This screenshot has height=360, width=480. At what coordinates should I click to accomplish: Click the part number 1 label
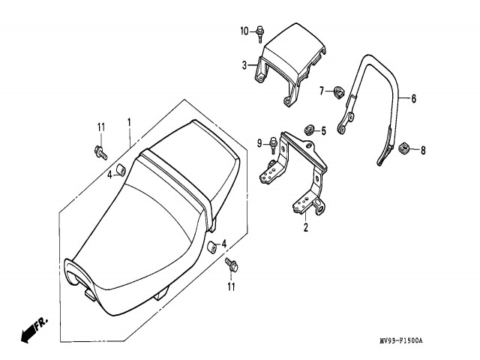tap(129, 121)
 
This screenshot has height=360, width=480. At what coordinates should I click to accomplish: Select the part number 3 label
tap(244, 66)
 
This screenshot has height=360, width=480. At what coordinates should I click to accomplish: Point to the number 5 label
tap(324, 130)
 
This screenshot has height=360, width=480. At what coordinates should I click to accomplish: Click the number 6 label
tap(413, 98)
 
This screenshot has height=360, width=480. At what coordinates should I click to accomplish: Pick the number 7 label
tap(321, 91)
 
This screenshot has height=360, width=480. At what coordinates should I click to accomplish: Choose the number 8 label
tap(422, 150)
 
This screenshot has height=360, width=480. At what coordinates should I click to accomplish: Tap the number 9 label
tap(259, 142)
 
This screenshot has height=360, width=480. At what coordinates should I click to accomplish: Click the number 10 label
tap(244, 31)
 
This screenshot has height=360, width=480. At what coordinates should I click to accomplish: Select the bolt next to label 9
tap(274, 142)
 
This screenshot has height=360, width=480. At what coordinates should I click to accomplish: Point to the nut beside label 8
tap(402, 148)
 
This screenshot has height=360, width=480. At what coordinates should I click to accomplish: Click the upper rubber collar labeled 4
tap(121, 166)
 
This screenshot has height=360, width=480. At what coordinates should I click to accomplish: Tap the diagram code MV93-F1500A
tap(400, 341)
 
